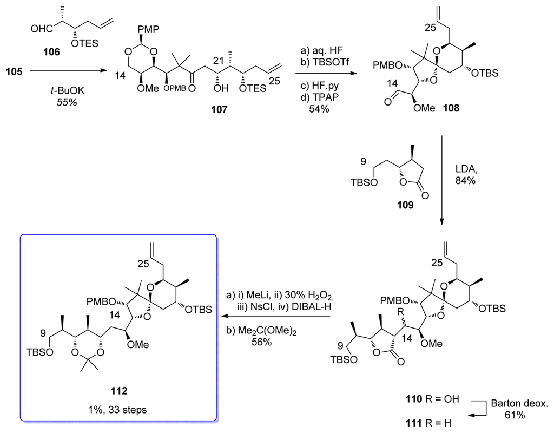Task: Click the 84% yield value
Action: pyautogui.click(x=465, y=182)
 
